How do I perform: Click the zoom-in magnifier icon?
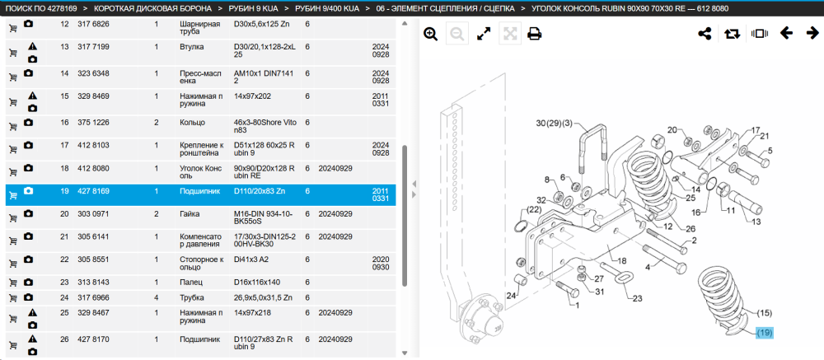431,34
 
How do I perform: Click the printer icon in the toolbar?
535,34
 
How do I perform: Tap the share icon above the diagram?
705,34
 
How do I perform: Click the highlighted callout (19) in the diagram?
765,333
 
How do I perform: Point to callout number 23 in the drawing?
638,298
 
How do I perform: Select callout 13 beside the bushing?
756,222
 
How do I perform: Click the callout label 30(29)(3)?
554,124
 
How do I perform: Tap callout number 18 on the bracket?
621,261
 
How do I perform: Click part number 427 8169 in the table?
94,191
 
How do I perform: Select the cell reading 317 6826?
94,24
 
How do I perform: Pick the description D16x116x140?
257,283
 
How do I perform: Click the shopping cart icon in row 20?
13,217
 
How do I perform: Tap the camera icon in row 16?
28,123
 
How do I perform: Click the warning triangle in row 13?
33,46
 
